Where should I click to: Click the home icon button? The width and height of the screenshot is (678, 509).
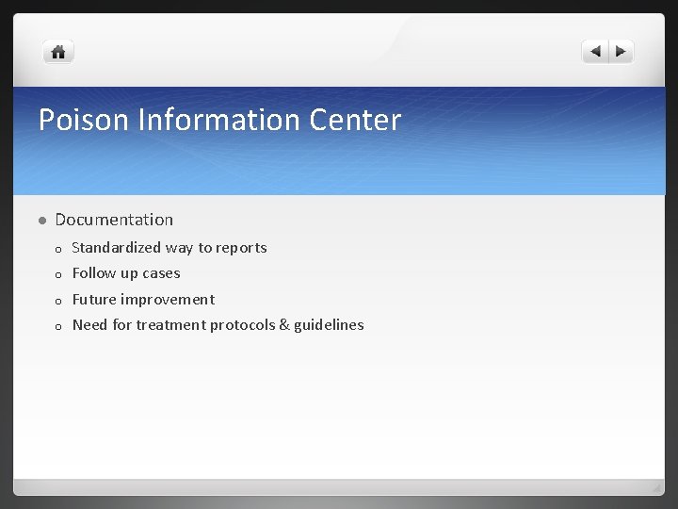click(57, 52)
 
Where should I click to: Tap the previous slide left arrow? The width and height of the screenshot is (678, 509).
click(595, 52)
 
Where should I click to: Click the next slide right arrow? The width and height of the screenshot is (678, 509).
click(621, 52)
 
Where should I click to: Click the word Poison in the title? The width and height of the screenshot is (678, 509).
click(84, 120)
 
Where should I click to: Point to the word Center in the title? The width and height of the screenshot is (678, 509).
click(354, 120)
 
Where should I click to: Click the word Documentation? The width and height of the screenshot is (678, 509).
click(114, 220)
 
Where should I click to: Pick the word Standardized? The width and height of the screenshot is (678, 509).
click(117, 248)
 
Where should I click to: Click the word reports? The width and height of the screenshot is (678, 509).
click(241, 248)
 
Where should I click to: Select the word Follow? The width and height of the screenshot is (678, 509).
click(93, 273)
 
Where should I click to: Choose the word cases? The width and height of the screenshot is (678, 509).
click(161, 273)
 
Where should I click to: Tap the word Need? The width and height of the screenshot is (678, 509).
click(89, 325)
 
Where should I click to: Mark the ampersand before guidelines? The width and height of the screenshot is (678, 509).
click(284, 325)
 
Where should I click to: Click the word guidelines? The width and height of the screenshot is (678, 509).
click(329, 325)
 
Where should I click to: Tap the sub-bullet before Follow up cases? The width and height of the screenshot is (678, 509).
click(58, 275)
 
